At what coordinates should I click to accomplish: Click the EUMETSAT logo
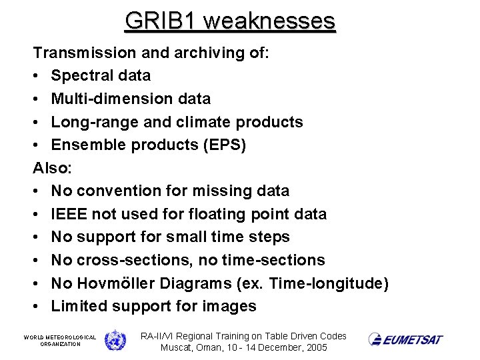click(406, 339)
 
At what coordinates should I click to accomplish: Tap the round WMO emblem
click(115, 340)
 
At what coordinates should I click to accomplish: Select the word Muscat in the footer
click(176, 348)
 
